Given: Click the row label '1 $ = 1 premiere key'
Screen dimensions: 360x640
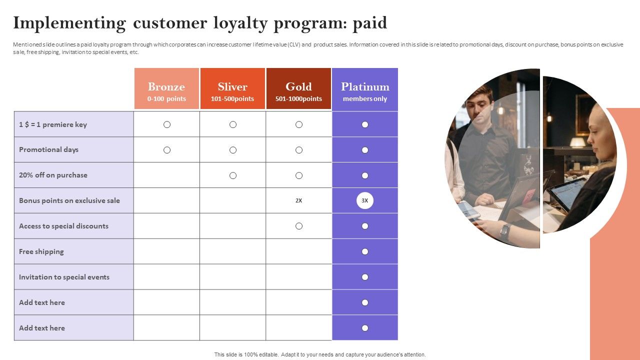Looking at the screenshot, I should click(53, 124).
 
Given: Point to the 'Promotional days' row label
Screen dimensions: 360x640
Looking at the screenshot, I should click(48, 149).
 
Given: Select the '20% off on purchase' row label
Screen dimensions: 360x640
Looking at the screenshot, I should click(53, 175).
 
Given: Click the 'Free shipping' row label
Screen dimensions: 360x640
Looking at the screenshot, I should click(41, 251).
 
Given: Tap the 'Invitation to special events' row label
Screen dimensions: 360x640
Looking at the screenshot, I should click(64, 277).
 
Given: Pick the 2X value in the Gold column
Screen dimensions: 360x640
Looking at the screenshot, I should click(298, 200).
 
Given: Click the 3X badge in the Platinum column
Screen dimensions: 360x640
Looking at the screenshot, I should click(365, 200).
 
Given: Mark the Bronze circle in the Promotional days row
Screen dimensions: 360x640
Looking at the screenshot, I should click(167, 150).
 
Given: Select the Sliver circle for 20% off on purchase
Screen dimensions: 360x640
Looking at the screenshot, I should click(233, 175).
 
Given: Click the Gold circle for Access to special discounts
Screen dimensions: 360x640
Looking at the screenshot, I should click(299, 226).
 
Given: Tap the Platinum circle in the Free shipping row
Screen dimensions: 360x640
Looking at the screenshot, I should click(365, 251).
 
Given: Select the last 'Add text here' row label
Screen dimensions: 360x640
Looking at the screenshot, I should click(42, 328).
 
